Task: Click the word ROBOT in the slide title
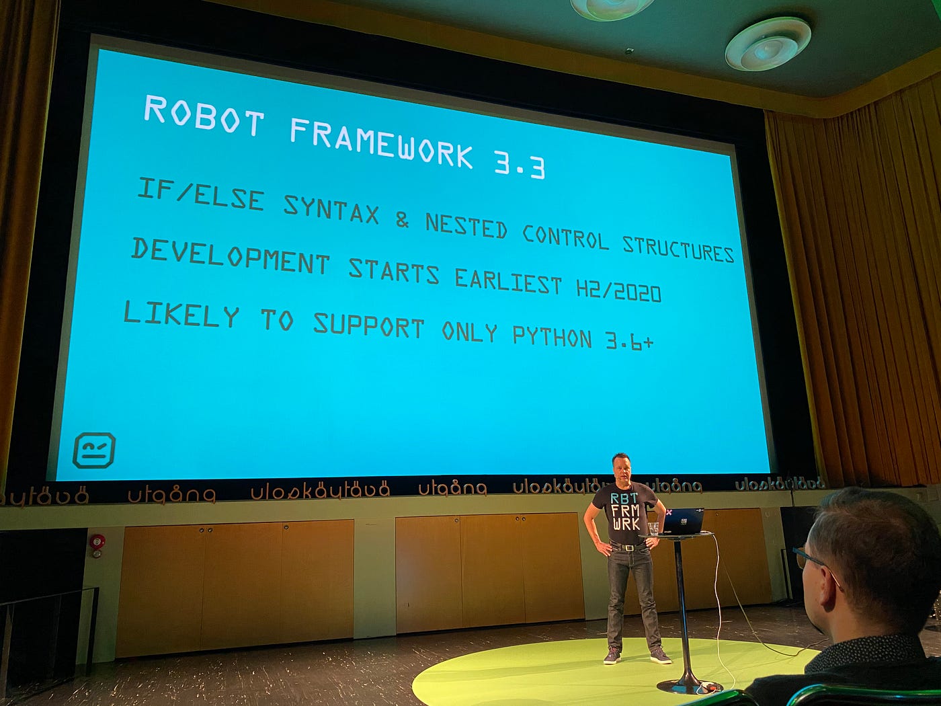tap(203, 114)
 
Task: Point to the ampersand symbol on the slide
tap(402, 219)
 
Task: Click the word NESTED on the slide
tap(466, 227)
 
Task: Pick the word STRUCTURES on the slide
tap(678, 248)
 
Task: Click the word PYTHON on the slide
tap(552, 336)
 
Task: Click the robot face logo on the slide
tap(93, 450)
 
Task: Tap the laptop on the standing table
tap(683, 522)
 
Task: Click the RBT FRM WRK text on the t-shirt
tap(625, 510)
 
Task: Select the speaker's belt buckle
tap(630, 547)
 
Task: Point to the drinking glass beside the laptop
tap(653, 528)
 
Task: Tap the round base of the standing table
tap(689, 686)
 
